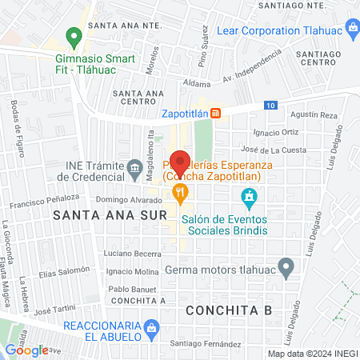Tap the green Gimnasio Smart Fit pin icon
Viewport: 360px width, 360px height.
pyautogui.click(x=73, y=36)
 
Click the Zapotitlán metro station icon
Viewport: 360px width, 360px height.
pyautogui.click(x=215, y=114)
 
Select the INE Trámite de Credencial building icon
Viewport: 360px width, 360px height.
pyautogui.click(x=134, y=167)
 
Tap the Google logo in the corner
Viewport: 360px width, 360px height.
pyautogui.click(x=26, y=350)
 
